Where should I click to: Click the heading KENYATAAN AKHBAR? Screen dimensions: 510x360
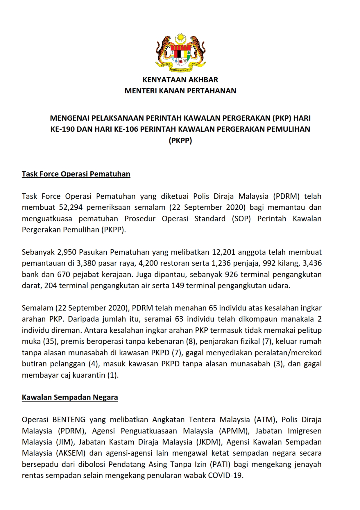tap(180, 80)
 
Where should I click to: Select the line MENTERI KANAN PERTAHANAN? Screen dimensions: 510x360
tap(180, 91)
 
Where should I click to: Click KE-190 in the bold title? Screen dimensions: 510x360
tap(63, 129)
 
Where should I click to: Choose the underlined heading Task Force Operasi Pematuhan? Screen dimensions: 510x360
tap(76, 174)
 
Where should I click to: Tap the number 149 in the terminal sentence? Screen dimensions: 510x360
tap(178, 286)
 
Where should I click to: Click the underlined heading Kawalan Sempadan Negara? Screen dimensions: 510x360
tap(70, 397)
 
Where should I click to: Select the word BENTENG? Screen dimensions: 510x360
tap(69, 420)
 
